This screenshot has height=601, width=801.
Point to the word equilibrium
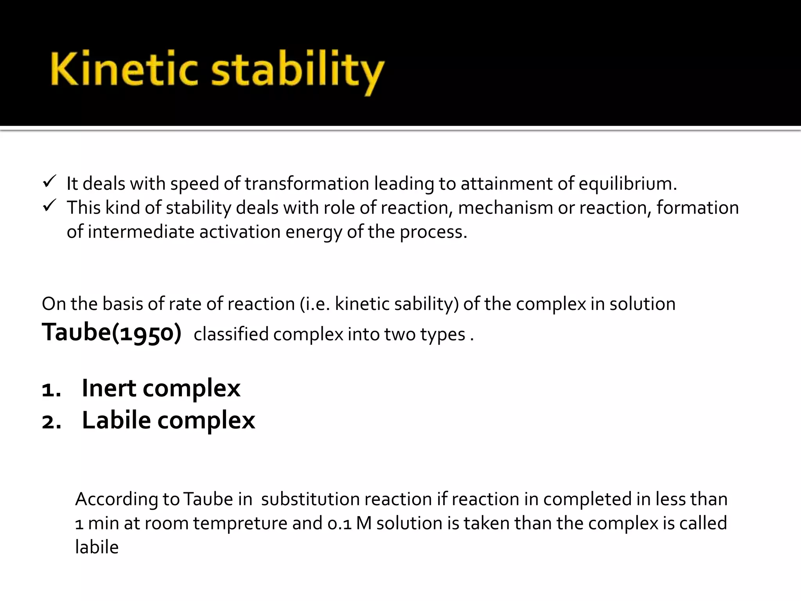point(627,184)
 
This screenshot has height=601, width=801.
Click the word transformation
point(307,184)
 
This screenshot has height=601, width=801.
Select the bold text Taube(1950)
point(112,333)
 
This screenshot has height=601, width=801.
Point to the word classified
point(231,335)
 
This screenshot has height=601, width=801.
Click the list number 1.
point(51,390)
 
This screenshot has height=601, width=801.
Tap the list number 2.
point(51,422)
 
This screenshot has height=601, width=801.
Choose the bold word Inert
point(109,388)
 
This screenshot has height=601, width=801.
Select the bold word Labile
point(116,420)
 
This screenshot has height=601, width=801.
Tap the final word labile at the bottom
point(97,547)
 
